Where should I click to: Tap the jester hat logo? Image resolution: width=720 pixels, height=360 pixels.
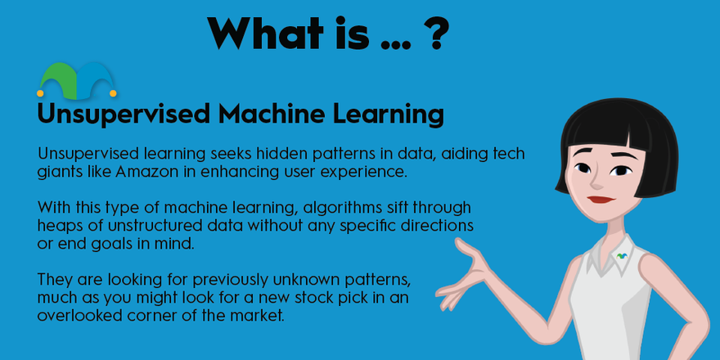(74, 79)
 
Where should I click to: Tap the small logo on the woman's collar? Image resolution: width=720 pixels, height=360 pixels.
(623, 254)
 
